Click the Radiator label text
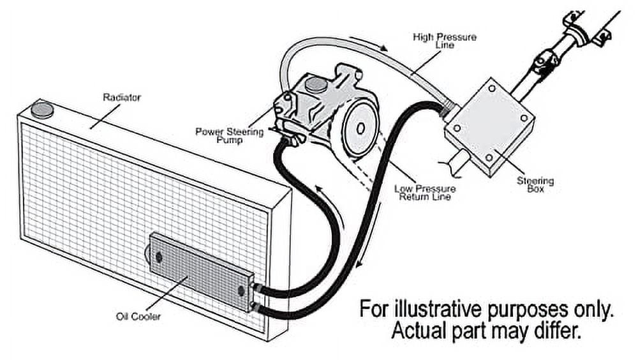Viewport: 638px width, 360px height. point(122,98)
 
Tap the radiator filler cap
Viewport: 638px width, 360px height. point(43,110)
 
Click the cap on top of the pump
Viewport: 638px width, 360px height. point(313,84)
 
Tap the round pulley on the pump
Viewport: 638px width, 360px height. point(359,128)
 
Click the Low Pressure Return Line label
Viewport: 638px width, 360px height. point(425,193)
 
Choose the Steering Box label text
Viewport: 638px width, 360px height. point(535,185)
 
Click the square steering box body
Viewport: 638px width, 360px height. point(489,125)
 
